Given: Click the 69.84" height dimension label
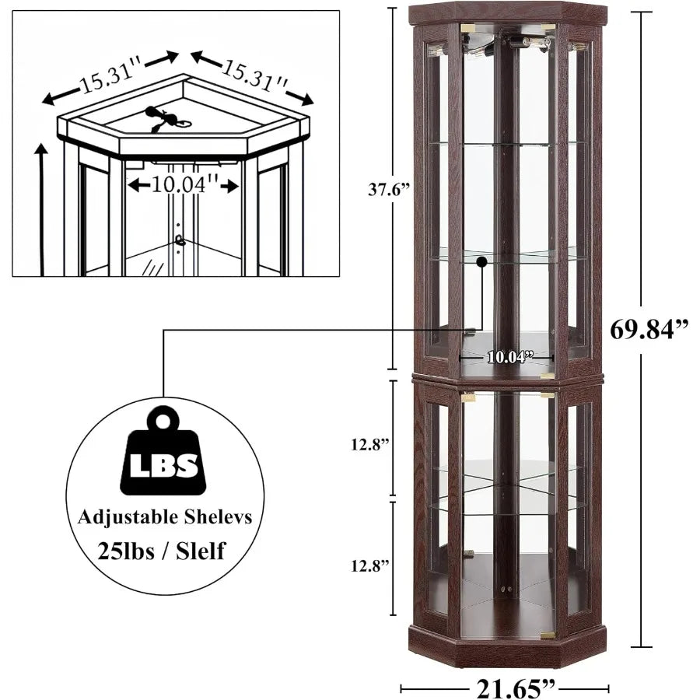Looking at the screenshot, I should pos(649,329).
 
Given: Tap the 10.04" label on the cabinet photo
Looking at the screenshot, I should pos(510,357).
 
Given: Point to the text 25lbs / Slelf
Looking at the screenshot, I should pos(162,552).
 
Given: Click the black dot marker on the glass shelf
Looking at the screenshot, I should pos(482,262).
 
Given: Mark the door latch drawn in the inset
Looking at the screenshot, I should pos(180,241).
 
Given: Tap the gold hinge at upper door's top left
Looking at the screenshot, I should pos(467,29).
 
